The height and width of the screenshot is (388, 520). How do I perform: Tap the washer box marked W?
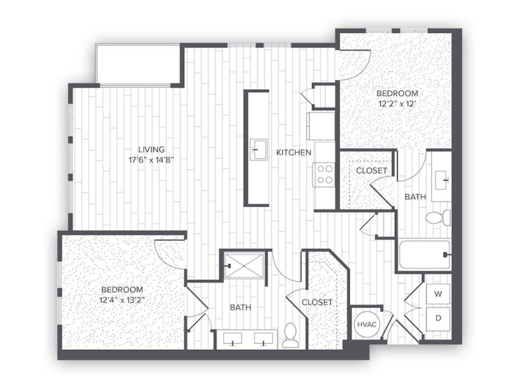pos(438,293)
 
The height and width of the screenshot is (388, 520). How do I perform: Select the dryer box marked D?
pos(438,318)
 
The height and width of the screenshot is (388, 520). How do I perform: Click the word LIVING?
pos(151,150)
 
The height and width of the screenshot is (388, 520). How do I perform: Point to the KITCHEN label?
pos(293,152)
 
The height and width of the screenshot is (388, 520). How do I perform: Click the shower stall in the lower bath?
pos(244,264)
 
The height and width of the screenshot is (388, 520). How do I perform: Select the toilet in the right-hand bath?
pos(437,218)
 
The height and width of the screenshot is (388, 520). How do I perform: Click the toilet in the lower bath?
pos(290,335)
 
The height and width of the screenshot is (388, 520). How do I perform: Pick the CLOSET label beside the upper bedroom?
pos(372,171)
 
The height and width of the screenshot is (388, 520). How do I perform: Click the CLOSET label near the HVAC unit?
pos(317,302)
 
